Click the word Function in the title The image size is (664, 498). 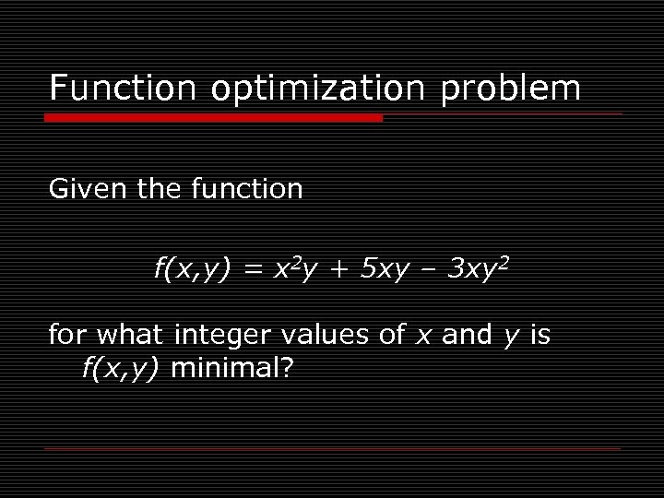tap(122, 89)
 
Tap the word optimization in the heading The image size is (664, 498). tap(316, 89)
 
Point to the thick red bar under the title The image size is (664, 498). tap(215, 118)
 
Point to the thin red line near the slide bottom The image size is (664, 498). tap(332, 448)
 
